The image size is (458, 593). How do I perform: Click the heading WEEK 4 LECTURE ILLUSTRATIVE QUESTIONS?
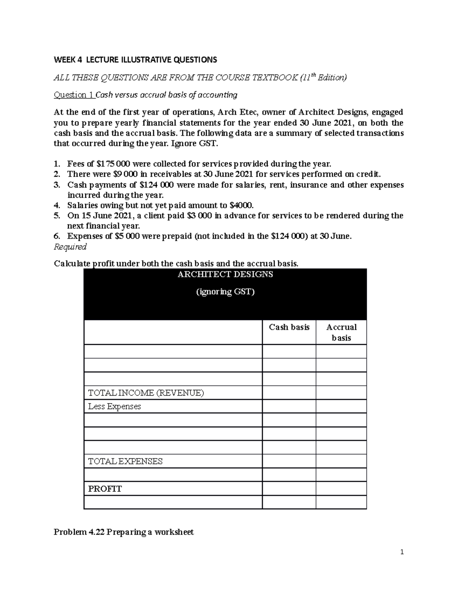tap(135, 60)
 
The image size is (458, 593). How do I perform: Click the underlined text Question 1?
tap(74, 95)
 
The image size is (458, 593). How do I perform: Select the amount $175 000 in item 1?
tap(113, 164)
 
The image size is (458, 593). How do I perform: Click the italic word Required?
tap(70, 247)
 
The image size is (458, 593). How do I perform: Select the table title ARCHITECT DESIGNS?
tap(225, 275)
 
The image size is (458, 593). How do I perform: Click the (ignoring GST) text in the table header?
tap(225, 292)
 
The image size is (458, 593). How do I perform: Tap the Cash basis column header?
tap(289, 327)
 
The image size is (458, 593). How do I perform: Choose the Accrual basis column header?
tap(341, 332)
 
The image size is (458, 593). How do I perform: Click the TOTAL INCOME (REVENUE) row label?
tap(146, 393)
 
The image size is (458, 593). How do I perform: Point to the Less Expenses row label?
tap(114, 406)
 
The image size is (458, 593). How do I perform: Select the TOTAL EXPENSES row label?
tap(125, 461)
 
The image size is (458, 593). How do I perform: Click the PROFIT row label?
tap(105, 489)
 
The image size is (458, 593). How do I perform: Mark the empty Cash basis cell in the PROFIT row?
tap(289, 489)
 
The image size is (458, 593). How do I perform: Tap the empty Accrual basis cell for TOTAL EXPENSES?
tap(341, 461)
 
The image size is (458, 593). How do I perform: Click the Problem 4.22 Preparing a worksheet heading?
tap(124, 532)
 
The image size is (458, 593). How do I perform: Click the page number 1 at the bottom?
tap(402, 552)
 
